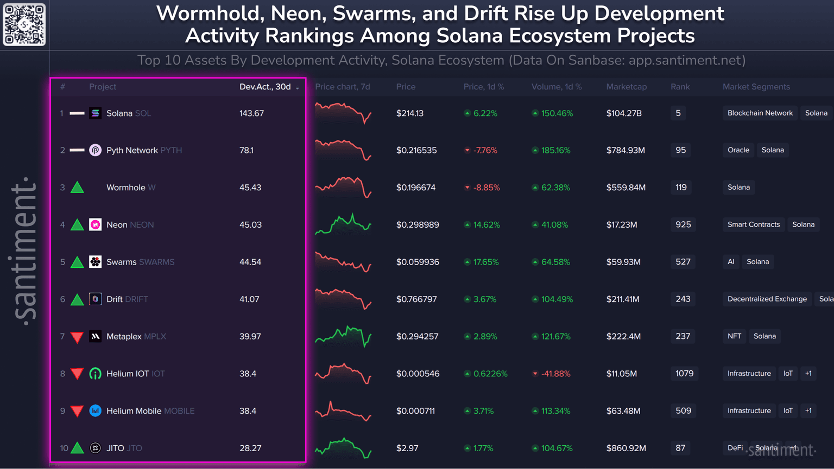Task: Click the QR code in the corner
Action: click(24, 24)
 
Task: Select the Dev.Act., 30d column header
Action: click(266, 87)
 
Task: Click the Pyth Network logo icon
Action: click(95, 150)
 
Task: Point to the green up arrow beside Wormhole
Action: click(77, 188)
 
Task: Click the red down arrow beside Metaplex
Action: click(77, 337)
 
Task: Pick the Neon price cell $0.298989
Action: click(418, 224)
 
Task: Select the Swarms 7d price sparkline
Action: click(343, 262)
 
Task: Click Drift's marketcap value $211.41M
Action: click(623, 299)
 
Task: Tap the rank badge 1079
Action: click(684, 374)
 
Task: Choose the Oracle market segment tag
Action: click(738, 150)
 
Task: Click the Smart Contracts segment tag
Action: click(753, 224)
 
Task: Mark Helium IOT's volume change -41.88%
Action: click(555, 374)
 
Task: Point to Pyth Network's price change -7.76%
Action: click(485, 150)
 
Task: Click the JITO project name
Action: click(115, 448)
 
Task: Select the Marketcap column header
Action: click(626, 87)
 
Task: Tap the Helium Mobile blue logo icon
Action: click(95, 411)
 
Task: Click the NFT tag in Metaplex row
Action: click(734, 336)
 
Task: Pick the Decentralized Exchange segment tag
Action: click(767, 299)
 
